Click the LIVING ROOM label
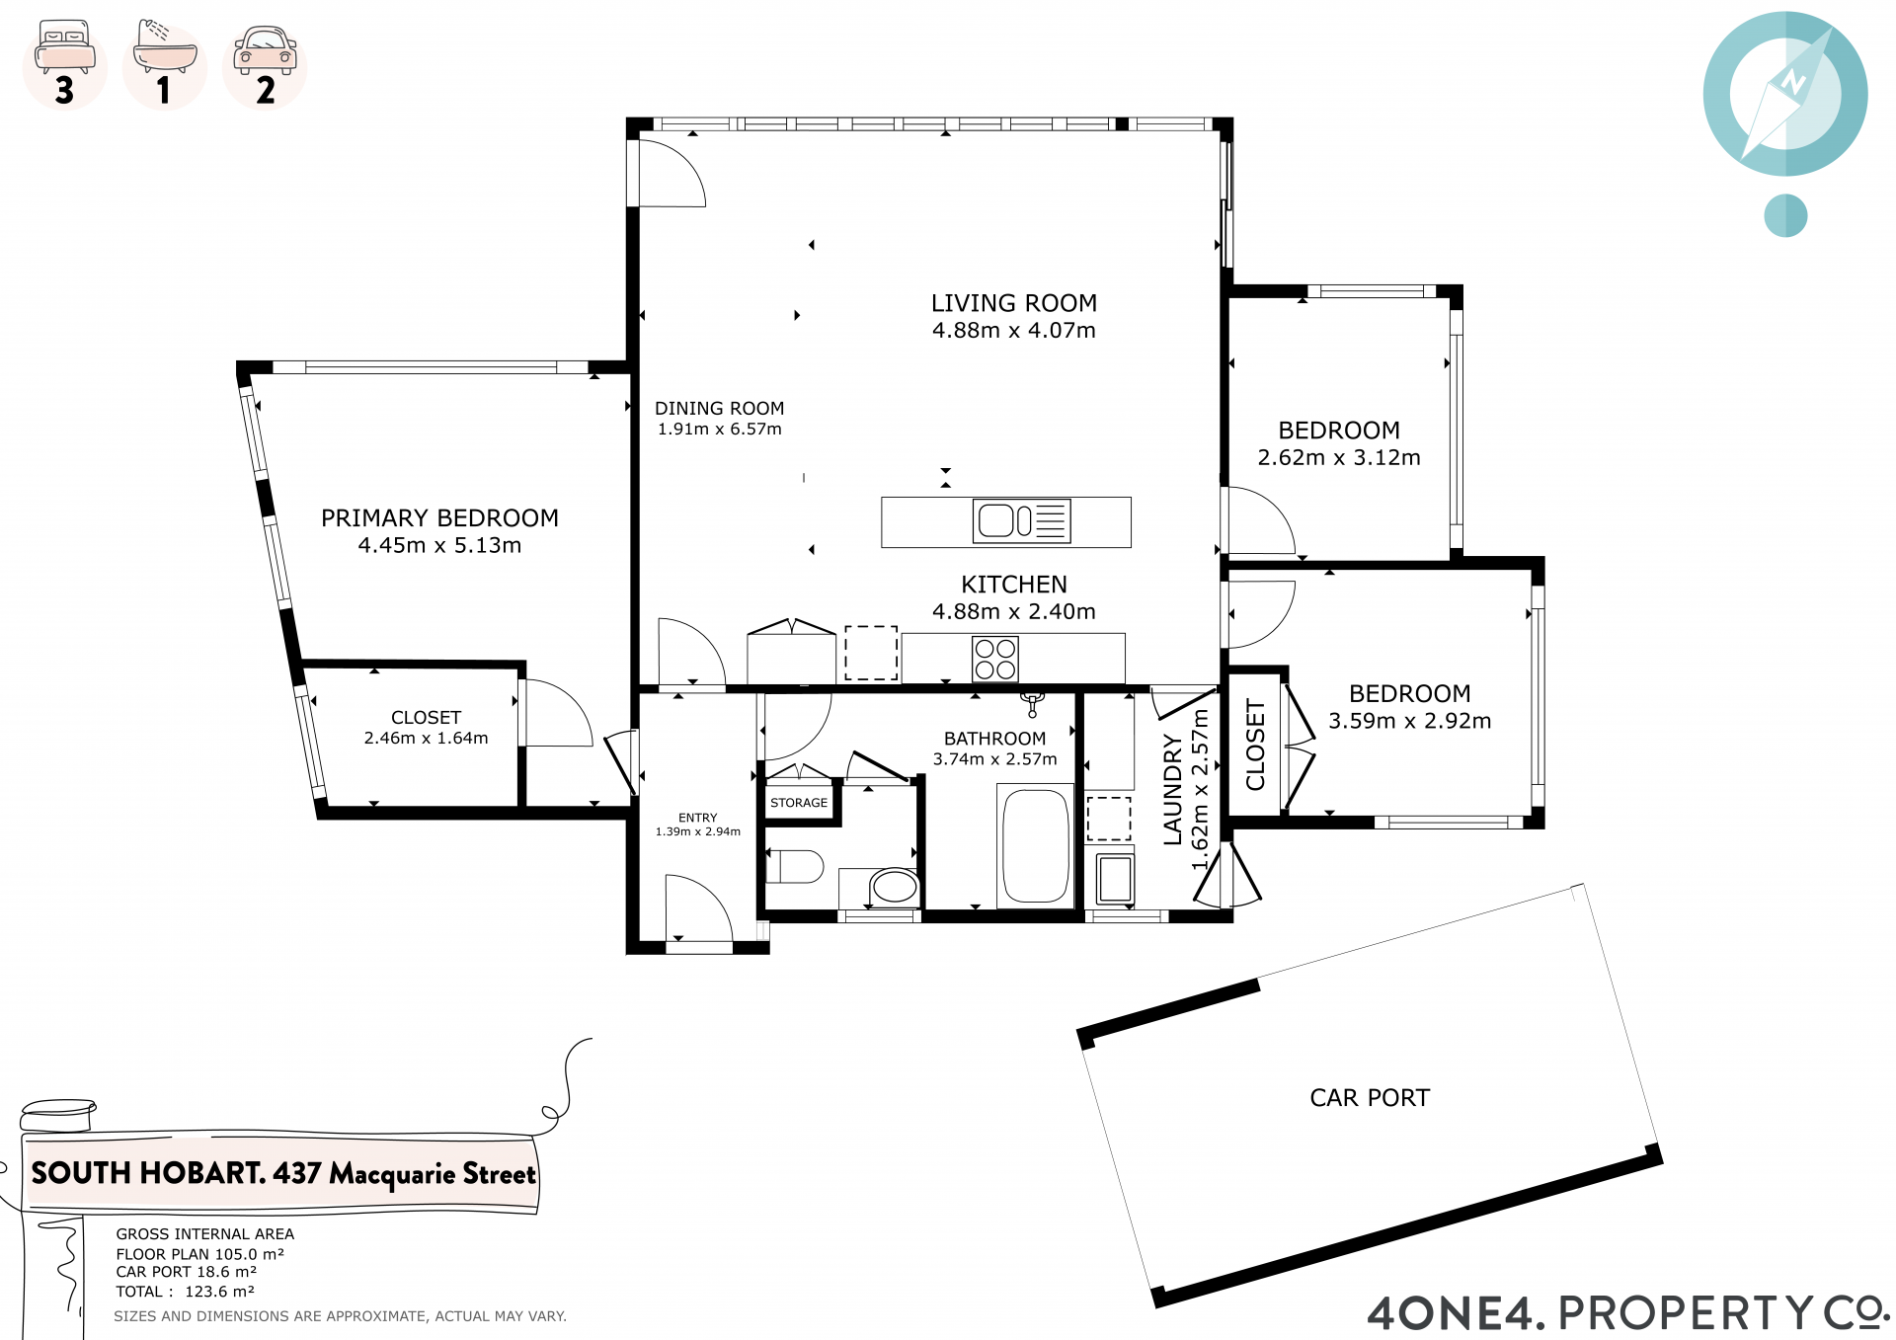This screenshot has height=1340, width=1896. pyautogui.click(x=1014, y=303)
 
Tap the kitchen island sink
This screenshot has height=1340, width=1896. pyautogui.click(x=1021, y=521)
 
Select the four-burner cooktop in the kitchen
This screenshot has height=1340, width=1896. pyautogui.click(x=995, y=659)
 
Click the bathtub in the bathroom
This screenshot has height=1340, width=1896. pyautogui.click(x=1035, y=845)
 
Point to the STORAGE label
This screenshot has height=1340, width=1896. pyautogui.click(x=799, y=803)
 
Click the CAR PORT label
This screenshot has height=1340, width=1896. pyautogui.click(x=1370, y=1098)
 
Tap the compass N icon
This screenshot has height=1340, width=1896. pyautogui.click(x=1785, y=93)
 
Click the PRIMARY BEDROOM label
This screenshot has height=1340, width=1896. pyautogui.click(x=439, y=518)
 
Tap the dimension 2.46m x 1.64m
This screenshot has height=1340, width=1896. pyautogui.click(x=426, y=738)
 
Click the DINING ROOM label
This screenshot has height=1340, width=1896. pyautogui.click(x=720, y=408)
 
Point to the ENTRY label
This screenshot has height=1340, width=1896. pyautogui.click(x=698, y=818)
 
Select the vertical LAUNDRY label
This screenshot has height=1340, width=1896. pyautogui.click(x=1172, y=789)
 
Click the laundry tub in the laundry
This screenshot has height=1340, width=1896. pyautogui.click(x=1115, y=878)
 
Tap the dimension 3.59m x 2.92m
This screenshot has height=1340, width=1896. pyautogui.click(x=1410, y=721)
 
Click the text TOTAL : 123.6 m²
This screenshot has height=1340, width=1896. pyautogui.click(x=186, y=1292)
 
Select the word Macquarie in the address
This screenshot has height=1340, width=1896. pyautogui.click(x=392, y=1174)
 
